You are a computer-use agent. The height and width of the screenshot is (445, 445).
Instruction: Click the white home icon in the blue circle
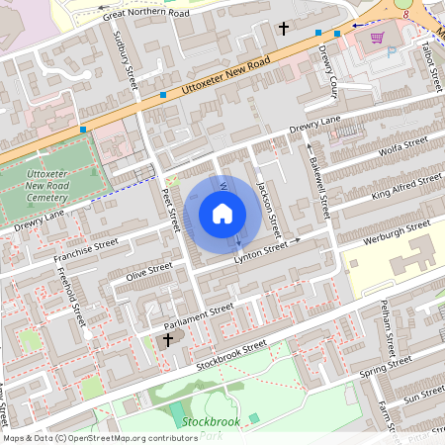(222, 213)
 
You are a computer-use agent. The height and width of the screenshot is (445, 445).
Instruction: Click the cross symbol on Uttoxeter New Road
(285, 29)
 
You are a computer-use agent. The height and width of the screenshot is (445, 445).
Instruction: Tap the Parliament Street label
(199, 313)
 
